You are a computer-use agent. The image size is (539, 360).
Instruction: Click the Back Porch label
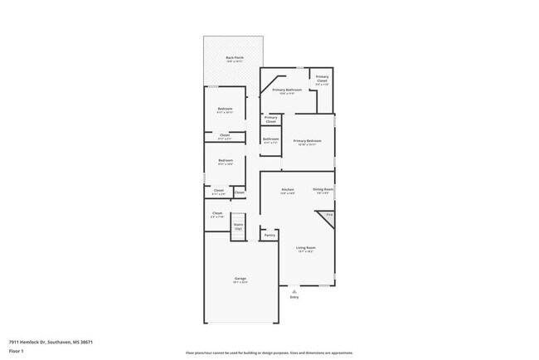coord(235,59)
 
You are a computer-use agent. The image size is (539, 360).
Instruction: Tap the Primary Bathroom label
coord(281,90)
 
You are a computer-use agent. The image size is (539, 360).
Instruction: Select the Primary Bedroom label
coord(307,142)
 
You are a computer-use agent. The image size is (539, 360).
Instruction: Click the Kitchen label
coord(288,191)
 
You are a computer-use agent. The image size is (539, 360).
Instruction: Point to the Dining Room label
coord(323,191)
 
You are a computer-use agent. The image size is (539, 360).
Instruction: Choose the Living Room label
coord(306,248)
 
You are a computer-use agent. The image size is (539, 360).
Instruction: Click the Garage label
coord(240,280)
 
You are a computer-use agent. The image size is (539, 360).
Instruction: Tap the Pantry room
coord(269,235)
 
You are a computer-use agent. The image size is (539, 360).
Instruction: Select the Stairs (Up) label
coord(239,226)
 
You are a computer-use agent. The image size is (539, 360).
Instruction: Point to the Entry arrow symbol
coord(294,290)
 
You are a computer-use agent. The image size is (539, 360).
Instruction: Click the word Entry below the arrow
coord(294,296)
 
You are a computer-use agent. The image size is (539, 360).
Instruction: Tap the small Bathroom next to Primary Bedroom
coord(270,140)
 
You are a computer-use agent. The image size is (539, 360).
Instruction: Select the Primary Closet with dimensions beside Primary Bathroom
coord(322,80)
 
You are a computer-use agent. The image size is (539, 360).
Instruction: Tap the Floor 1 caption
coord(17,351)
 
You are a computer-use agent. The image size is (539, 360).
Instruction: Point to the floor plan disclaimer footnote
coord(269,353)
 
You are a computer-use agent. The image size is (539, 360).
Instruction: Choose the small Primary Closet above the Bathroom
coord(270,119)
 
